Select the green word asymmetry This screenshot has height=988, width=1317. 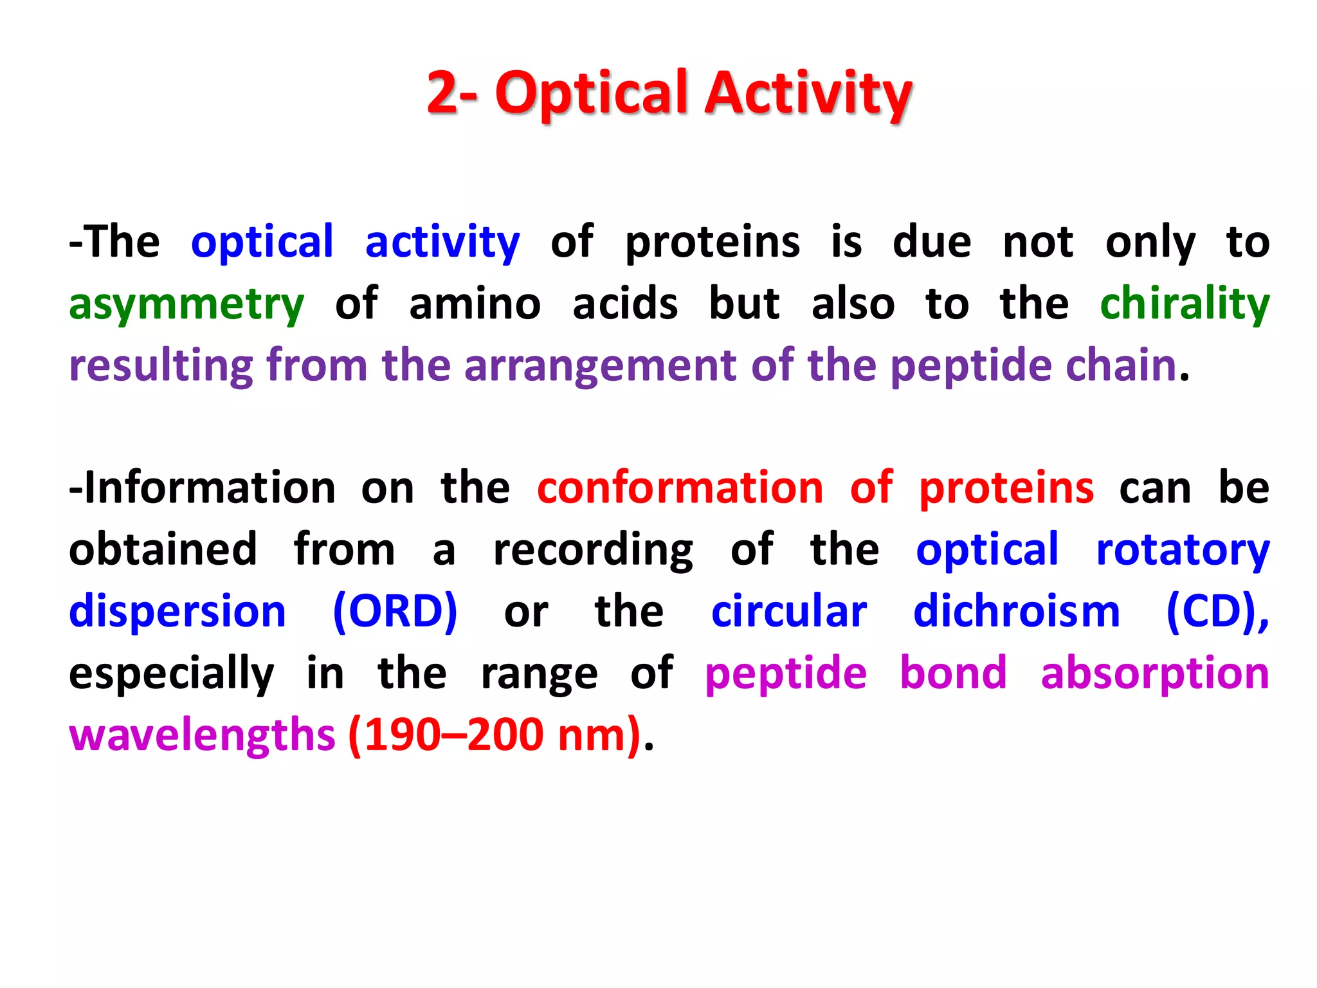(x=186, y=305)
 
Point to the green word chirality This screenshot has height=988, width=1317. (x=1185, y=304)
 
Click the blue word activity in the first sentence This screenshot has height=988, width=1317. (x=442, y=243)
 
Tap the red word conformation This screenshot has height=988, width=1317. (x=680, y=488)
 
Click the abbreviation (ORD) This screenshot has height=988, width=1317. (x=395, y=611)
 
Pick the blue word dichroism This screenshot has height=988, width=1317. (x=1017, y=611)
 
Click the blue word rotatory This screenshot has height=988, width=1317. (x=1182, y=551)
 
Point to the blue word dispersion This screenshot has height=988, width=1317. (x=177, y=611)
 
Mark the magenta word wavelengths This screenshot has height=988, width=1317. (x=202, y=735)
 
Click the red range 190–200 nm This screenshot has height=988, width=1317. (x=495, y=735)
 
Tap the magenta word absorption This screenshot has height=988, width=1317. (x=1154, y=674)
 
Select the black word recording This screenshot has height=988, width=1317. (x=593, y=551)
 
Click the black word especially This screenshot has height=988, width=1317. (x=171, y=674)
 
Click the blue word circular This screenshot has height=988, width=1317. (x=788, y=611)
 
